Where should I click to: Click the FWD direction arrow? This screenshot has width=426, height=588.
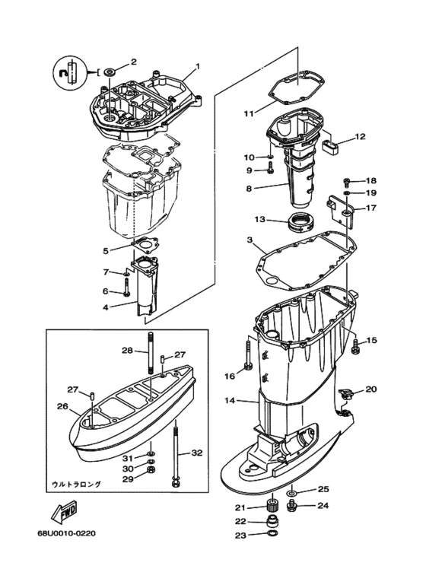(64, 511)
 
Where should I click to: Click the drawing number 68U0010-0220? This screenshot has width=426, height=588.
(66, 533)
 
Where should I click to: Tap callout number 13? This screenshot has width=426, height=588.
(259, 219)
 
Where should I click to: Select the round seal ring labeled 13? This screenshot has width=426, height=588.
(300, 223)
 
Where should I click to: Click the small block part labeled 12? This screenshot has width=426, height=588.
(330, 148)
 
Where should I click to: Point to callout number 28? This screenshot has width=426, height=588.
(127, 351)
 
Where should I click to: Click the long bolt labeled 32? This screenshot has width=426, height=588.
(176, 456)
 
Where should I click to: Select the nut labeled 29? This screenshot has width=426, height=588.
(152, 469)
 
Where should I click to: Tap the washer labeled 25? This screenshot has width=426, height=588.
(292, 492)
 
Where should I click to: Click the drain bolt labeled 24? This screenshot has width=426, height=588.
(292, 506)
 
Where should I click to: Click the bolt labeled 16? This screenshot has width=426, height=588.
(248, 354)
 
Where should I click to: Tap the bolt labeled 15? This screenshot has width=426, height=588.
(354, 346)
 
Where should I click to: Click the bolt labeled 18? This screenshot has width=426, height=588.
(346, 183)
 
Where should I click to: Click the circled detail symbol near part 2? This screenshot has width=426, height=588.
(72, 72)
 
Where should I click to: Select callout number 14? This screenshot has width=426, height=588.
(230, 401)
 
